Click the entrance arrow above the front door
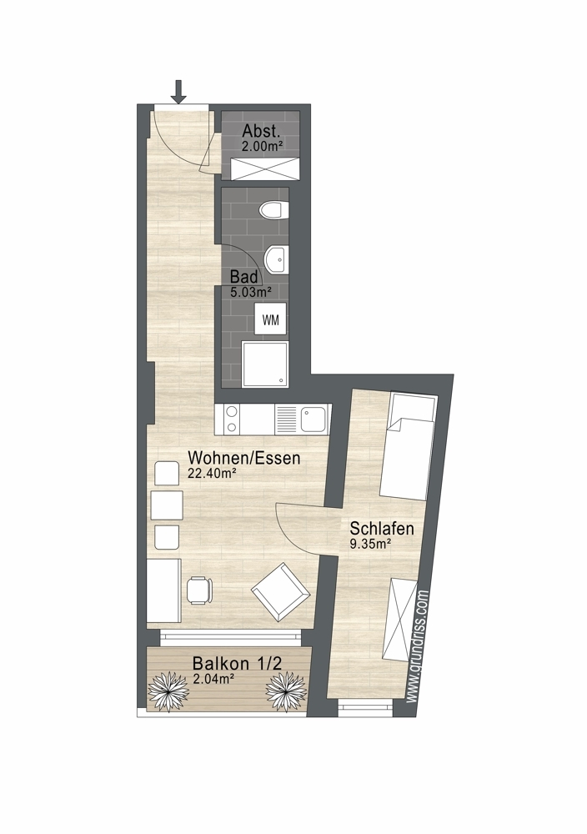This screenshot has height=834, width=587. coord(178,91)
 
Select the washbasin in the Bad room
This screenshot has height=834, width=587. coord(276,259)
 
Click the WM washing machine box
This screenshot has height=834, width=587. coord(271,319)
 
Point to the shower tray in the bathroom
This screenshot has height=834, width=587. coord(265,364)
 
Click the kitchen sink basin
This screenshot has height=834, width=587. coord(312,420)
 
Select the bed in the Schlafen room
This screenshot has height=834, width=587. coord(407,447)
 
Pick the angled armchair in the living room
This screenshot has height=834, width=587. coord(281,591)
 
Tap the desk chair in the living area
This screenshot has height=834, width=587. coord(198,590)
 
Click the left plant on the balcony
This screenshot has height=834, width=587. coord(168,691)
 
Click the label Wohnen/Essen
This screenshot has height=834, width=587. coord(244,458)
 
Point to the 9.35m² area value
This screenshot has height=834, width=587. coord(370,544)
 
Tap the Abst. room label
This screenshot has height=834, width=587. coord(261,132)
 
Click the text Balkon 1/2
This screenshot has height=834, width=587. coord(237,664)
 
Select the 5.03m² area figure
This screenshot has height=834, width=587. coord(251,291)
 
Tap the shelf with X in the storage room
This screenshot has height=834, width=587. coord(264,168)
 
